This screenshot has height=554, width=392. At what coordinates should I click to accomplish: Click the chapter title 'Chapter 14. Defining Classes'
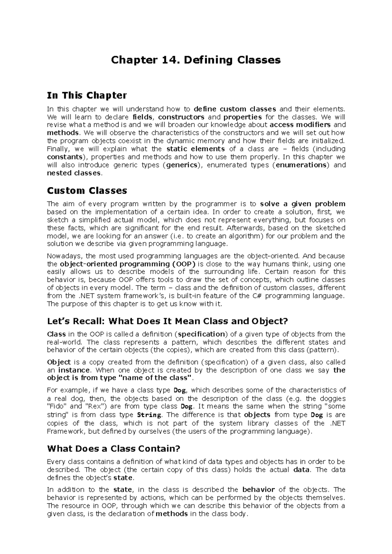(196, 60)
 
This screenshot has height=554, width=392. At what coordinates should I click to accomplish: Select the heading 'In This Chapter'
(87, 95)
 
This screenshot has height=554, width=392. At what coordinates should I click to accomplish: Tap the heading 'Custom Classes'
(87, 191)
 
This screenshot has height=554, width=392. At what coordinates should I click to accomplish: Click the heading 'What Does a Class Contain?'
(114, 449)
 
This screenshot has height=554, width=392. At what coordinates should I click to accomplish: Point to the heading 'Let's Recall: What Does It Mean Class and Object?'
(167, 321)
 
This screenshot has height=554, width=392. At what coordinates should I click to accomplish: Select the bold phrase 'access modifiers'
(300, 125)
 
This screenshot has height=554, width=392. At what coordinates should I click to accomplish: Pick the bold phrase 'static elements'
(195, 149)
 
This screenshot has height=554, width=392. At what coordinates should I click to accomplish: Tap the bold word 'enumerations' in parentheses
(301, 165)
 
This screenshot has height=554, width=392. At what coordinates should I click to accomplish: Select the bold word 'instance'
(74, 370)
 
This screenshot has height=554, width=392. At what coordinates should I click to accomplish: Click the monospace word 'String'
(149, 415)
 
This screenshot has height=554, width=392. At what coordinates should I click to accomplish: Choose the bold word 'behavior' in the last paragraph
(258, 489)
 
